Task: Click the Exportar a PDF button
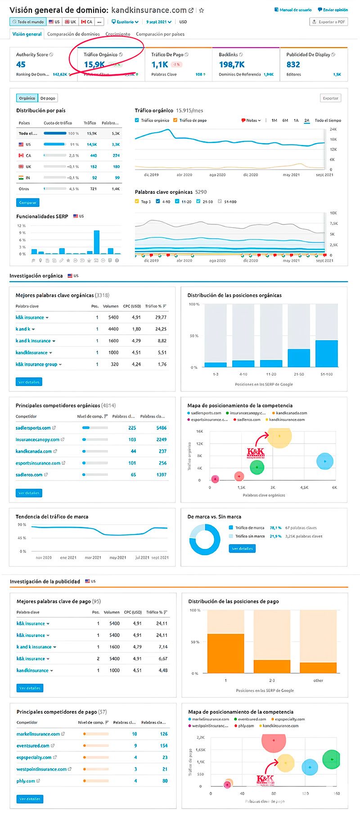tap(328, 22)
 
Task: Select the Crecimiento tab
tap(118, 34)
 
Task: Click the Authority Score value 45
tap(21, 64)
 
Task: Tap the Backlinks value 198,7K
tap(232, 64)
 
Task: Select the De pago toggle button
tap(48, 98)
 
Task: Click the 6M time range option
tap(285, 121)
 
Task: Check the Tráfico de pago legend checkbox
tap(175, 120)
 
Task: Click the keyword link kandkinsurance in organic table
tap(31, 353)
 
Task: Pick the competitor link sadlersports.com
tap(33, 428)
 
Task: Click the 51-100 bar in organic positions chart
tap(326, 354)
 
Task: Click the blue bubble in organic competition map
tap(324, 461)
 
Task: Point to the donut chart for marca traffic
tap(205, 539)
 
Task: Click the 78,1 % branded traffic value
tap(275, 528)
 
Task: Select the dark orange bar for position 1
tap(225, 653)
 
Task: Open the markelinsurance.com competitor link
tap(38, 734)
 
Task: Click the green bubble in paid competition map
tap(332, 760)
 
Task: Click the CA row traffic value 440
tap(94, 156)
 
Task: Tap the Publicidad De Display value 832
tap(293, 64)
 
